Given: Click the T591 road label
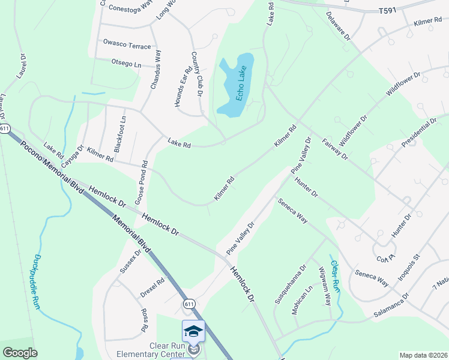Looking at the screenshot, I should [x=389, y=11].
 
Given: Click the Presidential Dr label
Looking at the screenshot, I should [x=418, y=133].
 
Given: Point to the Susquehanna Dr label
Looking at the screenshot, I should [x=289, y=283].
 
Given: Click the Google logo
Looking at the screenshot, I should [x=20, y=353].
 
